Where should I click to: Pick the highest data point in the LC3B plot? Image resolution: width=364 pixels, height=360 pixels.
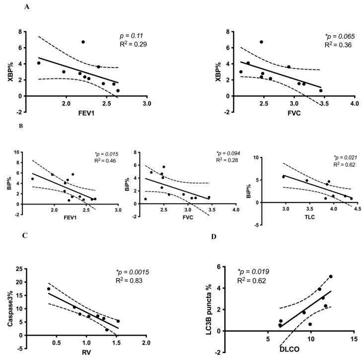(x=331, y=277)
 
